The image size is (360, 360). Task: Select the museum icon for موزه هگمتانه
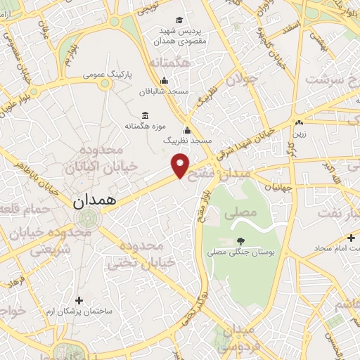(145, 115)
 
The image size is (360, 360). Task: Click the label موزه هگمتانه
(145, 127)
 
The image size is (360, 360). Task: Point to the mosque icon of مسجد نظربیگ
(187, 130)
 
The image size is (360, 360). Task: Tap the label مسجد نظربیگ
(187, 141)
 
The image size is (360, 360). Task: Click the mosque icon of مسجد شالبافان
(165, 79)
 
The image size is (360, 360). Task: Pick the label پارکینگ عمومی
(107, 73)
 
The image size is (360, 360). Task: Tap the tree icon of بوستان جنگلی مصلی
(241, 240)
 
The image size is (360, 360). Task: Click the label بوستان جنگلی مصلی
(241, 251)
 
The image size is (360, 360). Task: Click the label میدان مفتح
(238, 167)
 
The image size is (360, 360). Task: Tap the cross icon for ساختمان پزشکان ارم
(79, 300)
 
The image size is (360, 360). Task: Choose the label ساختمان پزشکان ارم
(79, 311)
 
